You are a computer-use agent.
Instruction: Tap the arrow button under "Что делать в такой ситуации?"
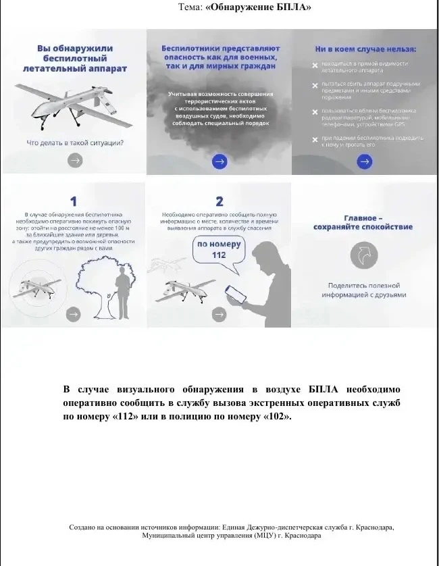pyautogui.click(x=76, y=160)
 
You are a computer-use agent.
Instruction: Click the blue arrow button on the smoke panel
pyautogui.click(x=219, y=161)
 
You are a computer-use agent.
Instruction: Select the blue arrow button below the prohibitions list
pyautogui.click(x=364, y=161)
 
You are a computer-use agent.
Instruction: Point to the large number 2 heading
pyautogui.click(x=219, y=201)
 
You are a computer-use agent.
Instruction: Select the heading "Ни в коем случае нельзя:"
pyautogui.click(x=365, y=49)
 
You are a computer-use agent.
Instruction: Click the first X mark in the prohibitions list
pyautogui.click(x=315, y=66)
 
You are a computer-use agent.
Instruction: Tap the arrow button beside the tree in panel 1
pyautogui.click(x=73, y=313)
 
